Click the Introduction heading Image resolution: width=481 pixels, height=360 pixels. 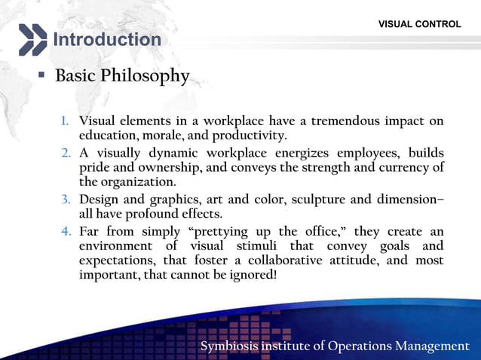106,39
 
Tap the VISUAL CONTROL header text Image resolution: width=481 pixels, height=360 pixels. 420,24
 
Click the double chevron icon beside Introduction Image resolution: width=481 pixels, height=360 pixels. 32,39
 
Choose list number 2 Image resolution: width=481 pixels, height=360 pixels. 66,154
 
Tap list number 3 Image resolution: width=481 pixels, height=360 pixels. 66,200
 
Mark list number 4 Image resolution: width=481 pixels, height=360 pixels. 66,230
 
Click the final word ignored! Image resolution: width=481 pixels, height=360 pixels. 253,276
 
